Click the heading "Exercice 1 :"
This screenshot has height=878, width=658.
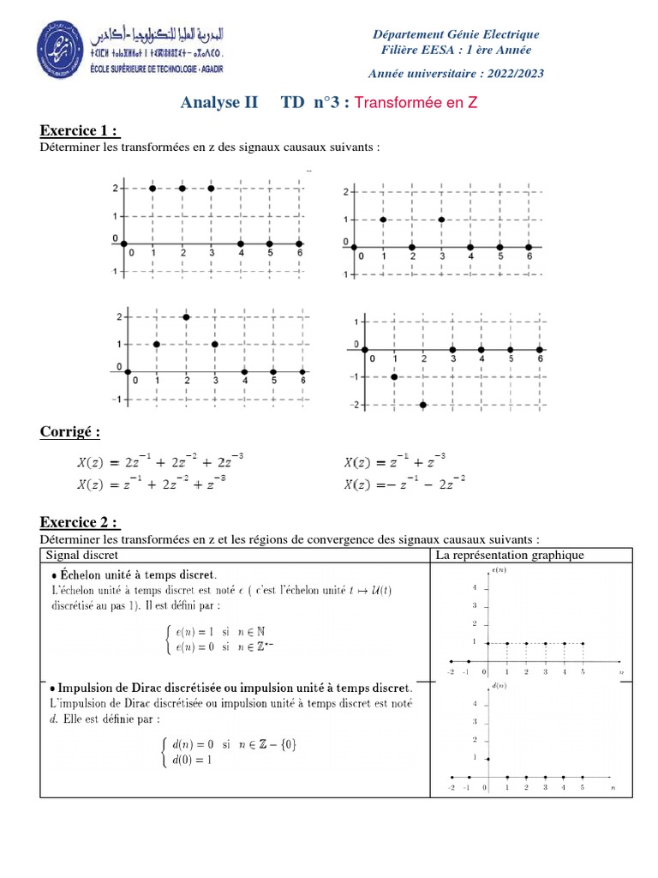click(80, 131)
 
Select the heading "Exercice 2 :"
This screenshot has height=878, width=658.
click(80, 523)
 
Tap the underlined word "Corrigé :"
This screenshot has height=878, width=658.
click(69, 432)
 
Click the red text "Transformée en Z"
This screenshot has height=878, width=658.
click(416, 103)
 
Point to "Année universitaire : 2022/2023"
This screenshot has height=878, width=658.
click(456, 73)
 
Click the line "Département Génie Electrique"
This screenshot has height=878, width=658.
click(456, 34)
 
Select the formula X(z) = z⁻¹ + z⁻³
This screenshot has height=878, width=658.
click(395, 461)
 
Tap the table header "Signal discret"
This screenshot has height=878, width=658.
click(81, 556)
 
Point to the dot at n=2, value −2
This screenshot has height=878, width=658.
click(423, 404)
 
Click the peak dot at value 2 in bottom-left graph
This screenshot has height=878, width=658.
click(186, 317)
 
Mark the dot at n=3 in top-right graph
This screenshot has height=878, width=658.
click(441, 219)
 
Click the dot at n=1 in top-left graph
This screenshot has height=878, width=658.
click(153, 188)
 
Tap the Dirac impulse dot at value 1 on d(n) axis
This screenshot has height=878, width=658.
click(488, 759)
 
